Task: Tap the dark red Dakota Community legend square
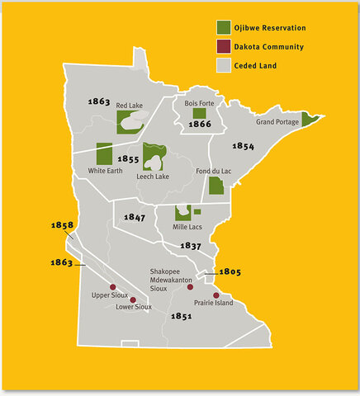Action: pyautogui.click(x=224, y=47)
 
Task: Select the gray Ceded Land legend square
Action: pyautogui.click(x=224, y=66)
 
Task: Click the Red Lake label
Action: pyautogui.click(x=130, y=106)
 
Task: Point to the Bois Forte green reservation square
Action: pyautogui.click(x=199, y=112)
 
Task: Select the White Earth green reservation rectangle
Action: pyautogui.click(x=104, y=153)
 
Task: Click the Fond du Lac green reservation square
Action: pyautogui.click(x=216, y=185)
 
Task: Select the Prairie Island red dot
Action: pyautogui.click(x=216, y=295)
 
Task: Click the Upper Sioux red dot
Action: pyautogui.click(x=112, y=287)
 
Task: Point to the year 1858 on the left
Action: pyautogui.click(x=62, y=224)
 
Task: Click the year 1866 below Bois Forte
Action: pyautogui.click(x=200, y=125)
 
